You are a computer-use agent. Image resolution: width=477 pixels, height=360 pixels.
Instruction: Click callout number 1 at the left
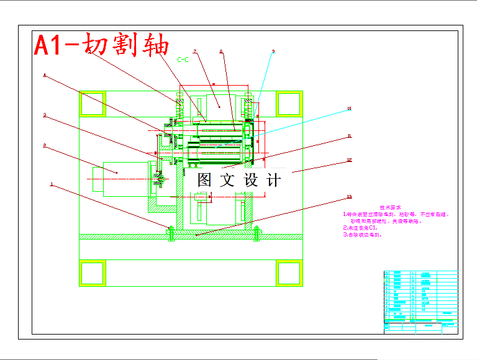(51, 184)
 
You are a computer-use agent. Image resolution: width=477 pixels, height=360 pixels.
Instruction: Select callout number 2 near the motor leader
(44, 146)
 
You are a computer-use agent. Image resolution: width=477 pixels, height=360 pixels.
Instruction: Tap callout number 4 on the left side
(44, 76)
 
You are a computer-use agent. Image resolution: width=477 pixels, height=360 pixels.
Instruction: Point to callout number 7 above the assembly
(194, 52)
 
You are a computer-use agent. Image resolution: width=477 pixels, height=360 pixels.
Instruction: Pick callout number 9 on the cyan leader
(273, 52)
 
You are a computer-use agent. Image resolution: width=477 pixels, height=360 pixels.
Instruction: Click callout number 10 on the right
(349, 109)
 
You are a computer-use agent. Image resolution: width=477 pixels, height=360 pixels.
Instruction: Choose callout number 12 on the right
(349, 160)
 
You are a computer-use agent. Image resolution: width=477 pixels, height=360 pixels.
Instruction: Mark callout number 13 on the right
(349, 198)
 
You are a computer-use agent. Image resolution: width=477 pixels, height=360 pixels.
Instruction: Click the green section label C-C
(183, 60)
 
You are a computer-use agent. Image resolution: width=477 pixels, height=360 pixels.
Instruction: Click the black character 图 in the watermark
(206, 180)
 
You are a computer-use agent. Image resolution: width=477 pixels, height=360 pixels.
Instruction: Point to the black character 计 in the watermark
(273, 180)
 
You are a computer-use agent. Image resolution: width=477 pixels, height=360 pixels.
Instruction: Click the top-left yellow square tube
(93, 103)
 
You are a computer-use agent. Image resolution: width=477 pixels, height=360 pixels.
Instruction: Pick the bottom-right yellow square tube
(288, 273)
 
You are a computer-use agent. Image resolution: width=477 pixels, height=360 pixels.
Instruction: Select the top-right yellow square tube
(288, 103)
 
